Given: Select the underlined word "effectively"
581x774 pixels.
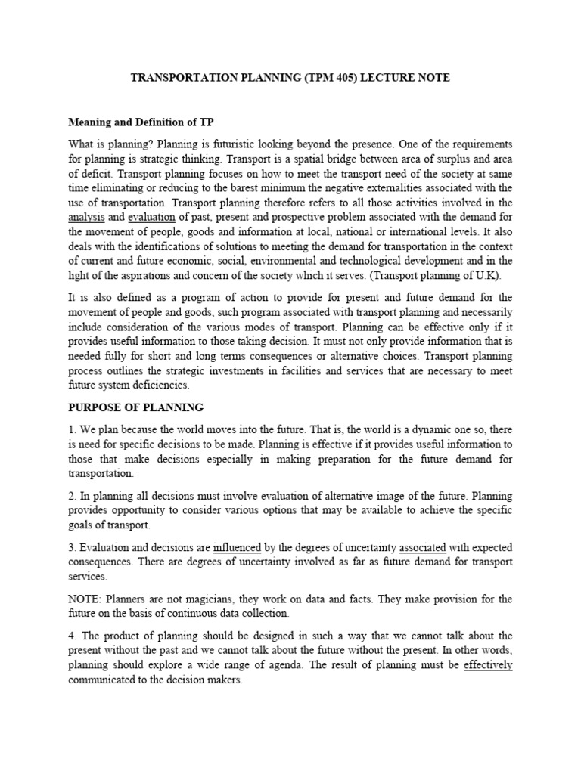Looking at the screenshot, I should pyautogui.click(x=487, y=665).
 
